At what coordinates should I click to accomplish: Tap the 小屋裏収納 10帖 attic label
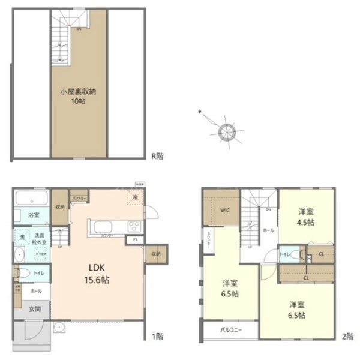(79, 98)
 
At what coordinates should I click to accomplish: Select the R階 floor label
(157, 156)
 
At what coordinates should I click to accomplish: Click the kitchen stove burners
(133, 226)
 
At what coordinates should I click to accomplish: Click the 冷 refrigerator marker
(136, 197)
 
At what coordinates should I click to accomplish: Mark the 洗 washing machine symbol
(22, 238)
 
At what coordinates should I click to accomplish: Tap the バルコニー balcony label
(231, 330)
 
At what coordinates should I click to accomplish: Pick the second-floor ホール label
(269, 230)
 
